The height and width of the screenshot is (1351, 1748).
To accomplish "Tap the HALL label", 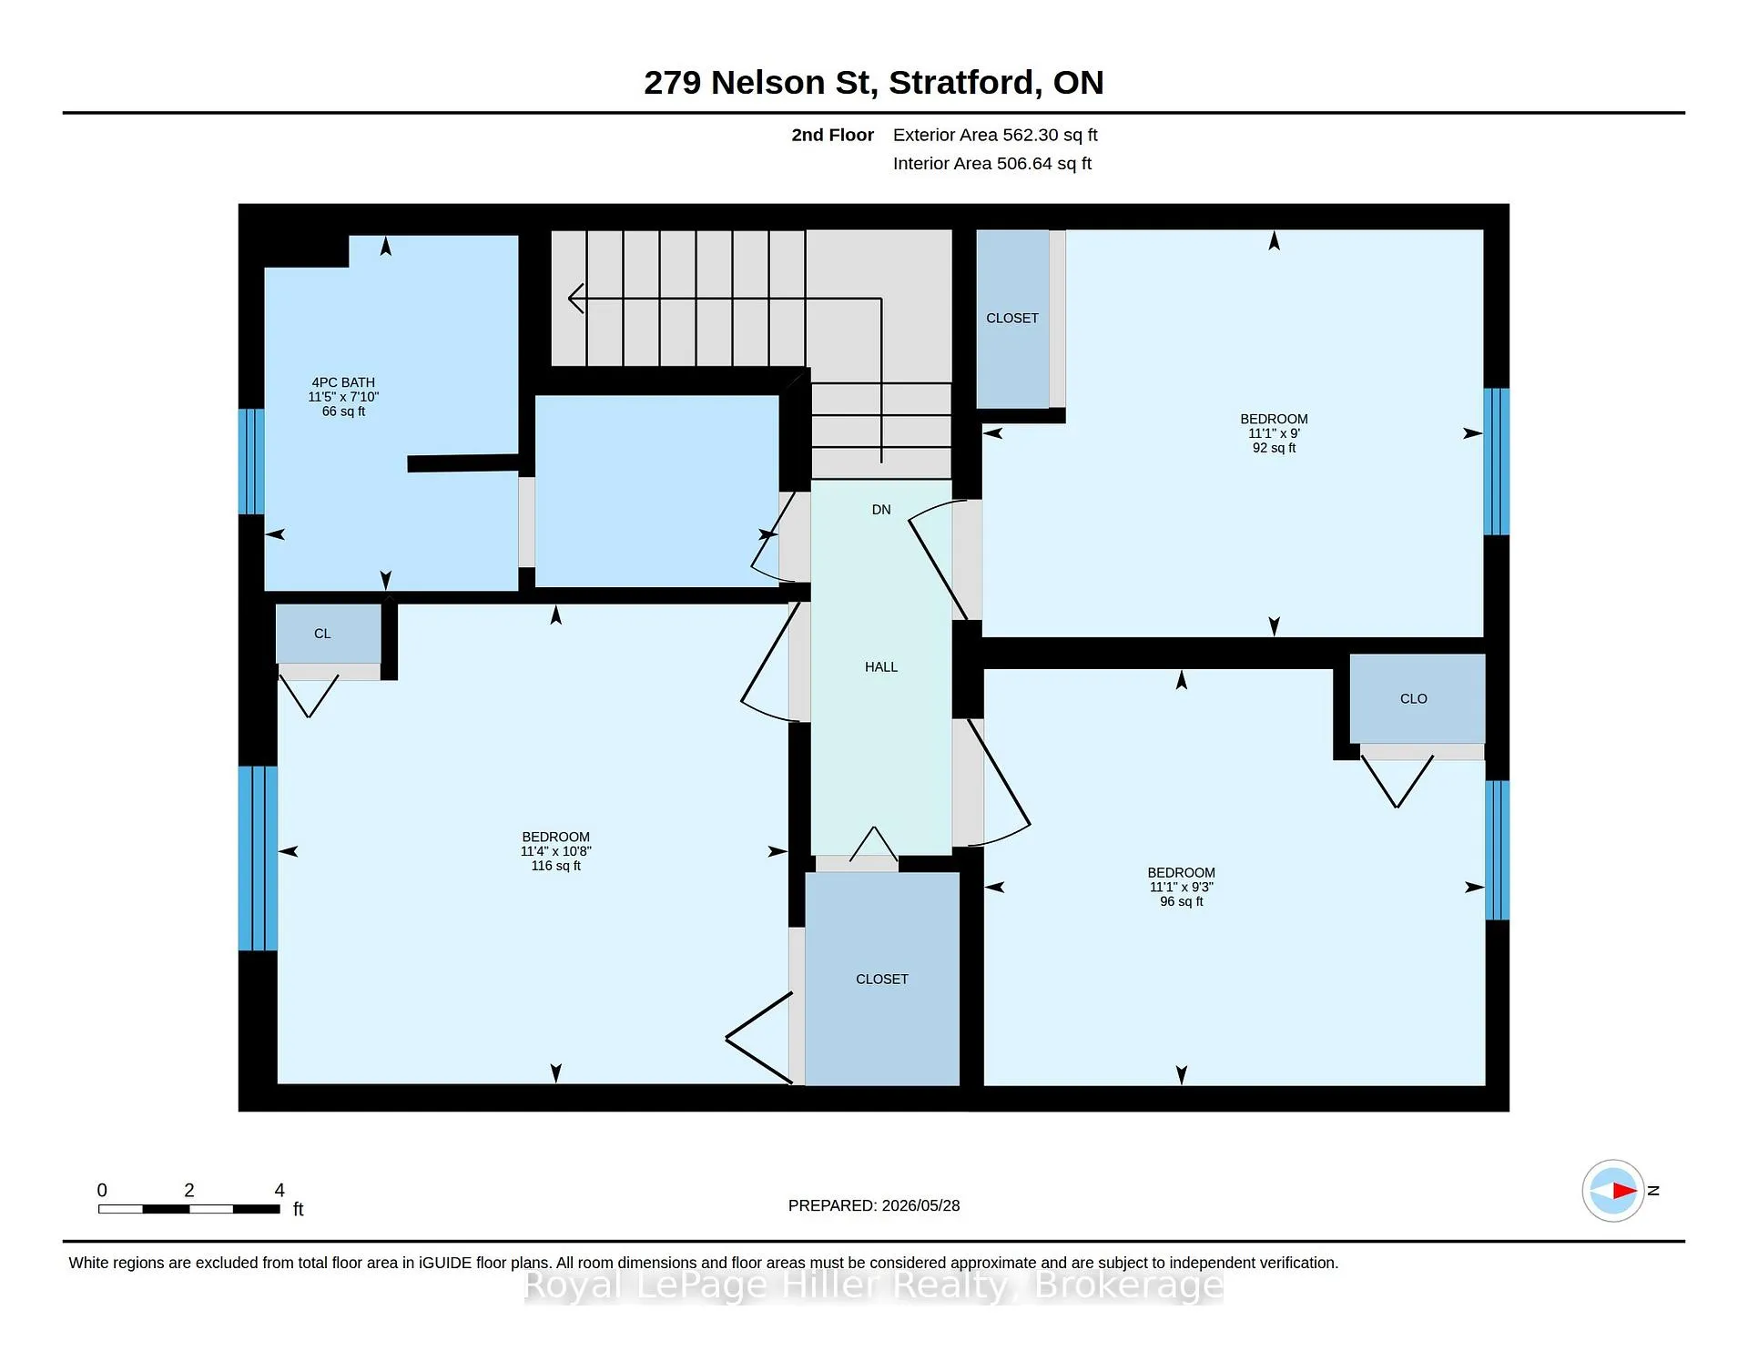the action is coord(881,667).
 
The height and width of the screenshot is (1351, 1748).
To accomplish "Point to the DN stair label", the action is coord(881,510).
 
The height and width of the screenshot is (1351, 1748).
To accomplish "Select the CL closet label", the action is coord(322,634).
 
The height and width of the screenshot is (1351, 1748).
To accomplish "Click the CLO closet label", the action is coord(1414,699).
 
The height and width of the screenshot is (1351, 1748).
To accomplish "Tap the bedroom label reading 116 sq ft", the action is coord(556,851).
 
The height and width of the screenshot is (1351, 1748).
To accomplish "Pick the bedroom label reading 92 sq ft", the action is coord(1274,433).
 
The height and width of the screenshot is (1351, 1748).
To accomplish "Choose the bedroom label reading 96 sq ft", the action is coord(1182,887).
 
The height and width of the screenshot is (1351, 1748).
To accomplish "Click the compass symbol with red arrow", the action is coord(1613,1190).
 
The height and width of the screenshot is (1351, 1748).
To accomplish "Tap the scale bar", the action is coord(189,1209).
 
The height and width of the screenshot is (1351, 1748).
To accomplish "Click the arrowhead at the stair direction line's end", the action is coord(575,298).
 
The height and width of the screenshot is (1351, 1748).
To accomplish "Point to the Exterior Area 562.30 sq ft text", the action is coord(995,135).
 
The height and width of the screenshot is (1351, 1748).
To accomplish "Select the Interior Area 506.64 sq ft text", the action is coord(992,164).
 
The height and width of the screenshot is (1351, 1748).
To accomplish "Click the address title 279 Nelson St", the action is coord(760,83).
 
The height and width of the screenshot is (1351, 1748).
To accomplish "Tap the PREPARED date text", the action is coord(874,1205).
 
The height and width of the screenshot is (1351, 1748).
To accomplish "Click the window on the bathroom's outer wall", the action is coord(251,462).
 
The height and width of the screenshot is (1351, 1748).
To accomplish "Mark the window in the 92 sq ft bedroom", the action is coord(1497,462).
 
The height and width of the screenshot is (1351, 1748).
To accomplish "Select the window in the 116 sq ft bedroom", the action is coord(258,858).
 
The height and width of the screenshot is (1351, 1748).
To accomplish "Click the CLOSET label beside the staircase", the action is coord(1012,318).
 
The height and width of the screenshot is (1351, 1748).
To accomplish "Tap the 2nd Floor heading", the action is coord(832,135).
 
